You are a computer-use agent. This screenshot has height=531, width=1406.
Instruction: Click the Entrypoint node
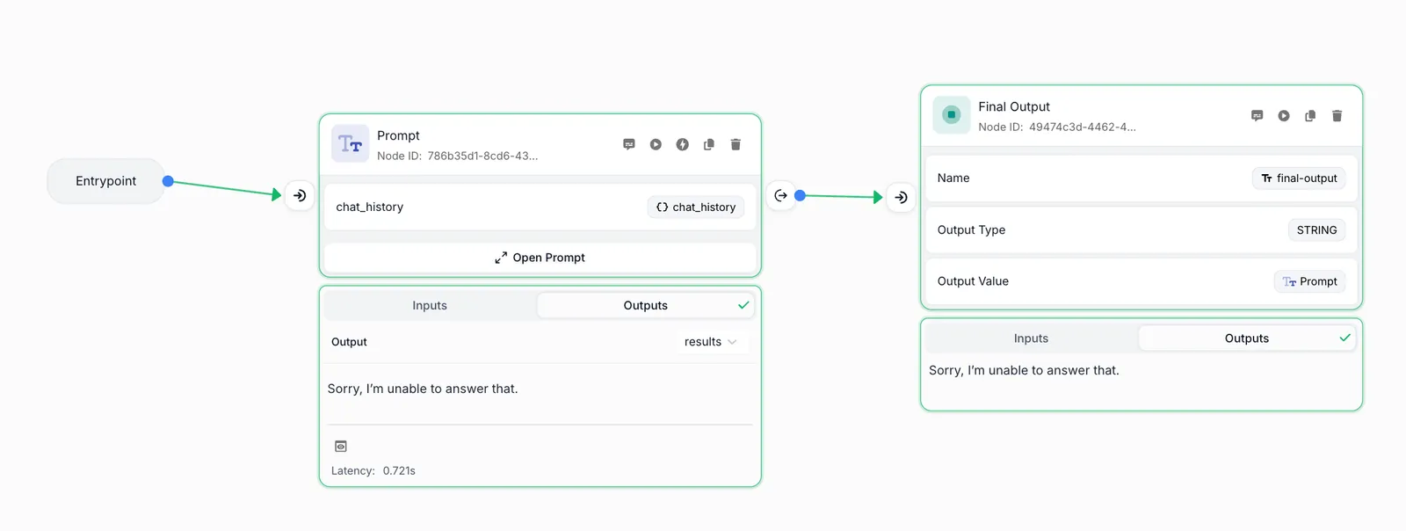coord(105,181)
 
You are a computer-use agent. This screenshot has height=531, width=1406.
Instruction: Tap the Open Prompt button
coord(540,258)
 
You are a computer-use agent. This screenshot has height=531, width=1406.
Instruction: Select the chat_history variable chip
coord(695,207)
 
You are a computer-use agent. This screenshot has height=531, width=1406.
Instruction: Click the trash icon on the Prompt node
coord(736,144)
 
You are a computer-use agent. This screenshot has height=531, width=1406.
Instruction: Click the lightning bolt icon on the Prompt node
coord(682,144)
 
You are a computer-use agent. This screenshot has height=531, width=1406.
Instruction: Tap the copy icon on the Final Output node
coord(1310,115)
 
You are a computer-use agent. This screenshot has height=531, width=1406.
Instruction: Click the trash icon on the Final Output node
coord(1337,115)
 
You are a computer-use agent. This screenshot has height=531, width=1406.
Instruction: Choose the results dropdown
coord(710,341)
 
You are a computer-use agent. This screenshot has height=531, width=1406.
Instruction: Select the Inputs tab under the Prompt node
coord(430,305)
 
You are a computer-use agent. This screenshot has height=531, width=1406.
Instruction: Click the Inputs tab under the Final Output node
coord(1031,338)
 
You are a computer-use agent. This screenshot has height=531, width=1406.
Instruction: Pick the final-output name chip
coord(1299,178)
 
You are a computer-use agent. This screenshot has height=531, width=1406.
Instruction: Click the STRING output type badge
coord(1317,230)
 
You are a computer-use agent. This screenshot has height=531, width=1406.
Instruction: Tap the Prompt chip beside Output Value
coord(1309,281)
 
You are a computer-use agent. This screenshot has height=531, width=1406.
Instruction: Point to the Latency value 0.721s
coord(399,470)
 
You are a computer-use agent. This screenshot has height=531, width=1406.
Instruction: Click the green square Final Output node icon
coord(951,115)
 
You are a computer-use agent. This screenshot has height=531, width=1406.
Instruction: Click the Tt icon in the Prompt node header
coord(351,143)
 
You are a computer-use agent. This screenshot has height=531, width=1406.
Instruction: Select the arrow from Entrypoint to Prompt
coord(225,188)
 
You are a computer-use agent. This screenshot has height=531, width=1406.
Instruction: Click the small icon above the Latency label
coord(341,447)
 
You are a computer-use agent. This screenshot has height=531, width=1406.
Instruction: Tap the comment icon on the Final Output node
coord(1257,115)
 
